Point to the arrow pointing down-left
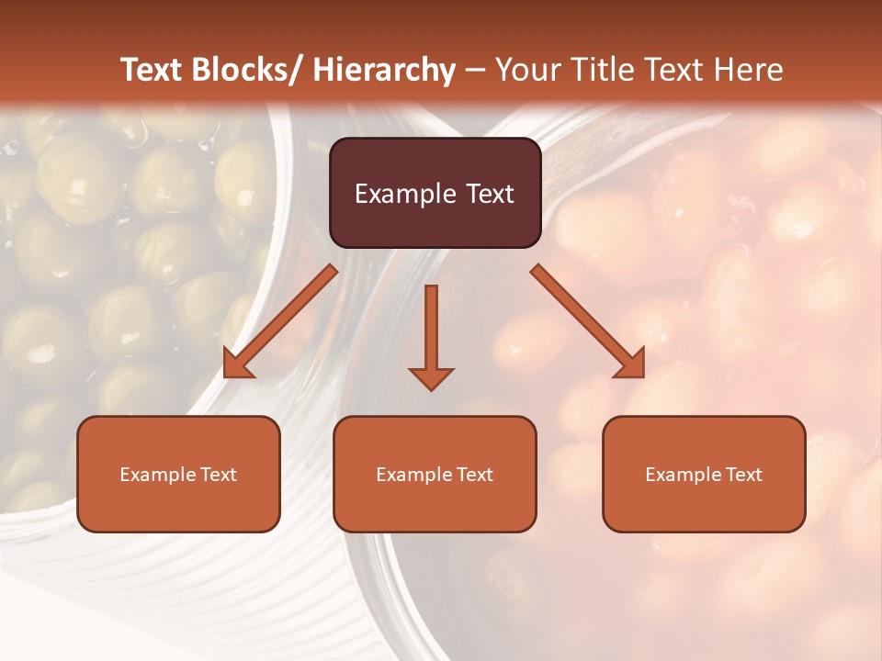(280, 321)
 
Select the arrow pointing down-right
(588, 321)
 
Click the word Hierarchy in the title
(384, 70)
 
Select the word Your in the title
(529, 70)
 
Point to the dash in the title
(475, 71)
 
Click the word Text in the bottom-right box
(743, 475)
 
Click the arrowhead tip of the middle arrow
(431, 389)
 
